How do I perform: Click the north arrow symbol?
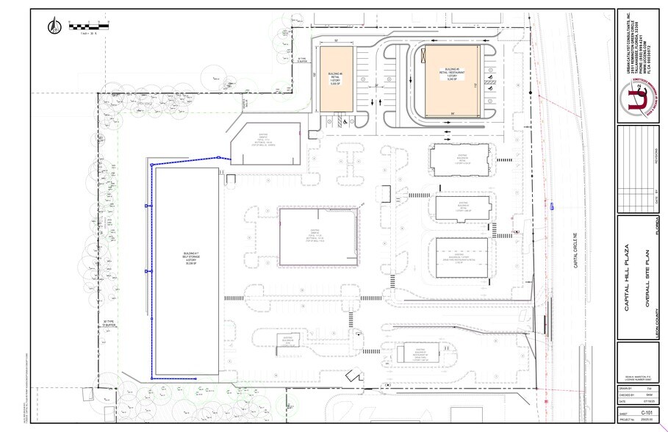54,27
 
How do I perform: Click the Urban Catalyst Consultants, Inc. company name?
622,40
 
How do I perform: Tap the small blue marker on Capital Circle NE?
551,207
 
